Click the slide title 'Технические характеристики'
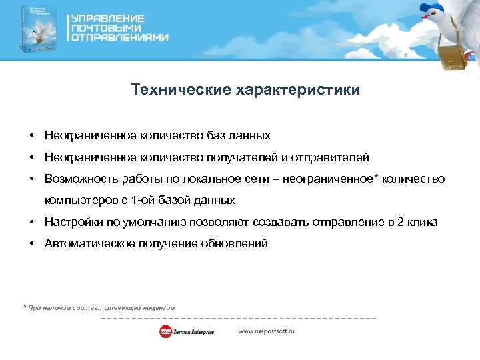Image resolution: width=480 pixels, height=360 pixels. [x=245, y=89]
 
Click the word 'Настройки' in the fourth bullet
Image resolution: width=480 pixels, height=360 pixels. [x=69, y=222]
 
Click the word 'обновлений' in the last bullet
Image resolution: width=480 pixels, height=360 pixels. [x=238, y=243]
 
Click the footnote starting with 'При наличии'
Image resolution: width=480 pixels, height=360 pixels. [x=100, y=307]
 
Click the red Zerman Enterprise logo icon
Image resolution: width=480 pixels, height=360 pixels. [x=165, y=331]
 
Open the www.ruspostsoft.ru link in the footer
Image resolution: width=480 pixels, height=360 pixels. [x=266, y=331]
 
